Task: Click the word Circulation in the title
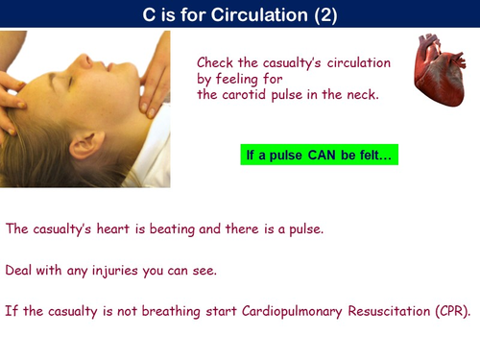tap(276, 13)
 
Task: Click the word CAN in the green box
tap(321, 155)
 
